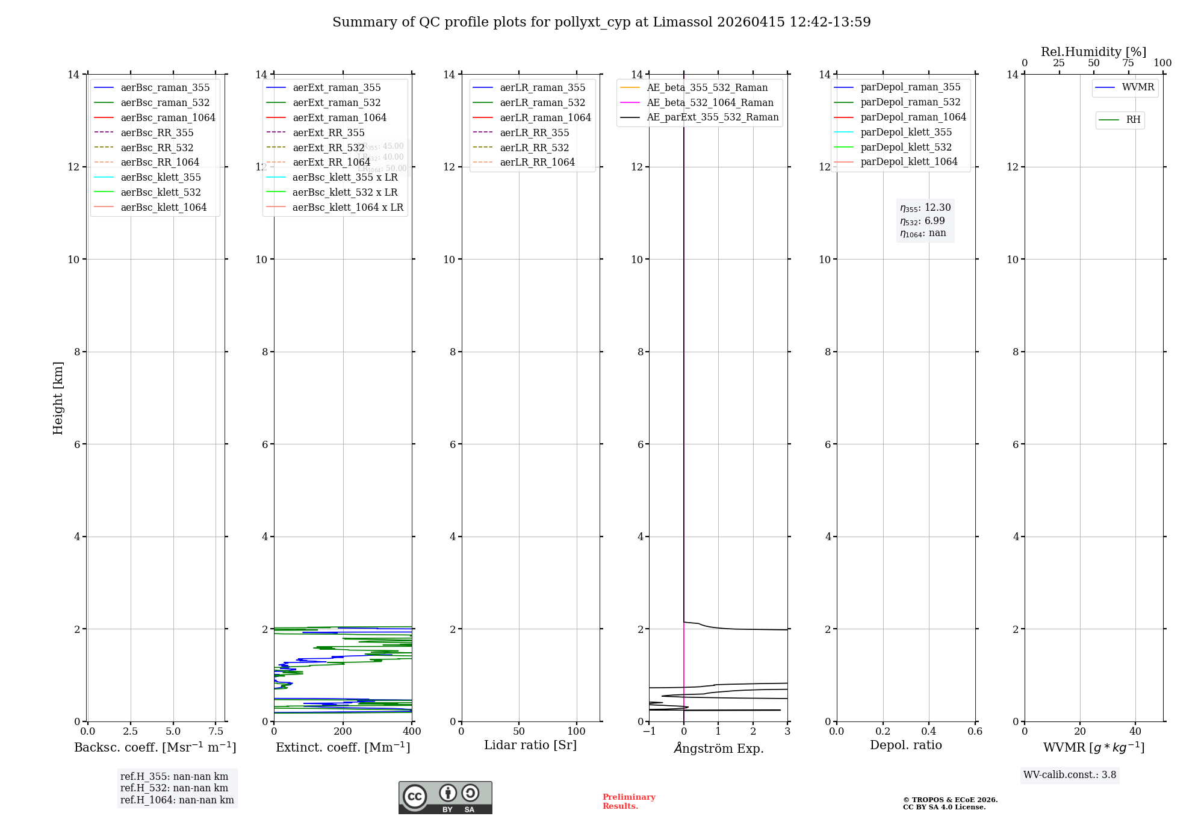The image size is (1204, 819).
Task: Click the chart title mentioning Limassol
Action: click(601, 22)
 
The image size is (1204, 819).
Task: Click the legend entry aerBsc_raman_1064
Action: click(167, 117)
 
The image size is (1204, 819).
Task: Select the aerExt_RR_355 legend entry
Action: click(328, 132)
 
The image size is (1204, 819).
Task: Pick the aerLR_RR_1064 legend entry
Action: click(537, 162)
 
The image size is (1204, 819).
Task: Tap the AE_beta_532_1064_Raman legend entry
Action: click(710, 102)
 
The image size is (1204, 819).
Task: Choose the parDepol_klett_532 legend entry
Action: click(905, 147)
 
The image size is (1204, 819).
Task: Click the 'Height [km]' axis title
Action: click(58, 397)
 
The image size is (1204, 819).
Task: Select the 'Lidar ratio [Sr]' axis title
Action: click(530, 745)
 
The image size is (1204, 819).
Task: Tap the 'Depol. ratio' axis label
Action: click(905, 745)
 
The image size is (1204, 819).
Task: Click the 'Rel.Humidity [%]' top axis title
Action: click(1093, 52)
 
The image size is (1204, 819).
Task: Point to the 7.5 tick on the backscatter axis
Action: click(216, 732)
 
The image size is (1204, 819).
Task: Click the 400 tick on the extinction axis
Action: click(412, 732)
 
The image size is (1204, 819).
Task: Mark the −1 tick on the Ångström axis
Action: click(649, 732)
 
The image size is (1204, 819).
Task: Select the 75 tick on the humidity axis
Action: click(1128, 63)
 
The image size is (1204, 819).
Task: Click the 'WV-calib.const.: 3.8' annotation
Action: click(1070, 775)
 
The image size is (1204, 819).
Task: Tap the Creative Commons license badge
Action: click(445, 797)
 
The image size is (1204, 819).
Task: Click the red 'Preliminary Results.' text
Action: click(628, 802)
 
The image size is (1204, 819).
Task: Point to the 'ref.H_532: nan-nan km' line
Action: click(174, 788)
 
